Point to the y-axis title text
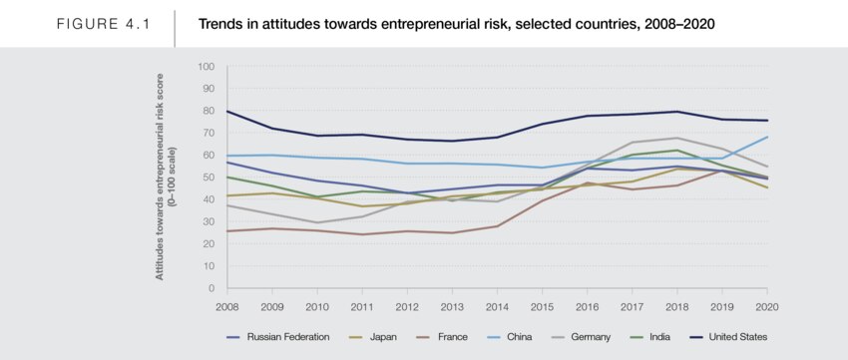(x=165, y=177)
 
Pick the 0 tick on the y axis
(x=212, y=288)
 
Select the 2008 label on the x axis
(x=227, y=307)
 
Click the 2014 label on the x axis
(x=498, y=307)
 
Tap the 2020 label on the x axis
(x=767, y=307)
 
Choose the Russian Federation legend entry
(x=278, y=337)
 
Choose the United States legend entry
(x=728, y=337)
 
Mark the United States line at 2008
(x=227, y=112)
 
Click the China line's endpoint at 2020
(x=767, y=137)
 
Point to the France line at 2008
(x=227, y=230)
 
